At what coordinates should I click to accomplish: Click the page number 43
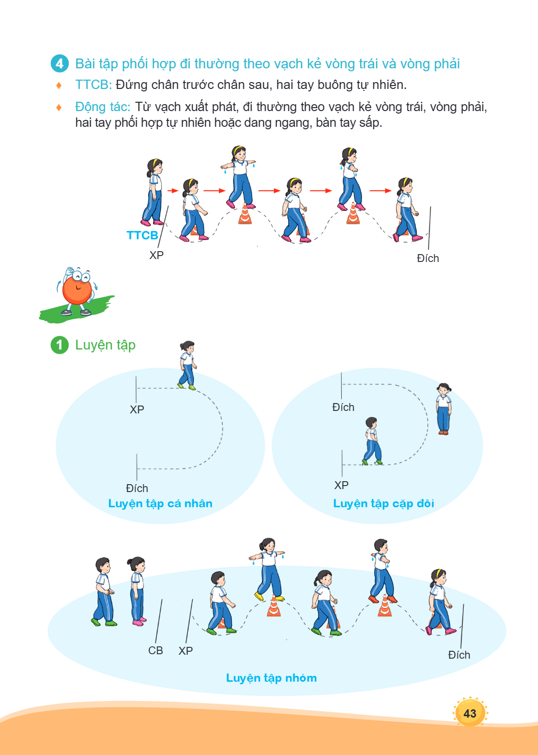pyautogui.click(x=470, y=713)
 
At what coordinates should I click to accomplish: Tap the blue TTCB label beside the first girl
pyautogui.click(x=142, y=235)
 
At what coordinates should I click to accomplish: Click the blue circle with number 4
pyautogui.click(x=60, y=63)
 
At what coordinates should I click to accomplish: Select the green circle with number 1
pyautogui.click(x=60, y=345)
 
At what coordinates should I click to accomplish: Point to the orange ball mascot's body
pyautogui.click(x=77, y=290)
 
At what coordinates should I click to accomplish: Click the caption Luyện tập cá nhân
pyautogui.click(x=160, y=503)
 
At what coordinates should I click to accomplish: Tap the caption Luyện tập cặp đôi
pyautogui.click(x=384, y=503)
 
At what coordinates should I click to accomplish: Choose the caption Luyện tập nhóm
pyautogui.click(x=271, y=678)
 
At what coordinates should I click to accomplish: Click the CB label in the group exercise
pyautogui.click(x=155, y=650)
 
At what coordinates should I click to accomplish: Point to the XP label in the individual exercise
pyautogui.click(x=137, y=409)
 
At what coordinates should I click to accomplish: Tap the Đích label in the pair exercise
pyautogui.click(x=343, y=407)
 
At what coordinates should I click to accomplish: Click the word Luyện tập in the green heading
pyautogui.click(x=105, y=345)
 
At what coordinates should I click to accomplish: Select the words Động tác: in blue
pyautogui.click(x=103, y=107)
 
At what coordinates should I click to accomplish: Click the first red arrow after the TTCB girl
pyautogui.click(x=173, y=191)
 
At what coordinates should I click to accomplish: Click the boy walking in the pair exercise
pyautogui.click(x=372, y=441)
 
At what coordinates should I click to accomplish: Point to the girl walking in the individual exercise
pyautogui.click(x=187, y=365)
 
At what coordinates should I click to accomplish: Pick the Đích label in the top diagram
pyautogui.click(x=428, y=258)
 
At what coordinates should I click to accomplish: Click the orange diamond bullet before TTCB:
pyautogui.click(x=59, y=85)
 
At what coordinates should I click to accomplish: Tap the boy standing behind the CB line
pyautogui.click(x=104, y=591)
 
